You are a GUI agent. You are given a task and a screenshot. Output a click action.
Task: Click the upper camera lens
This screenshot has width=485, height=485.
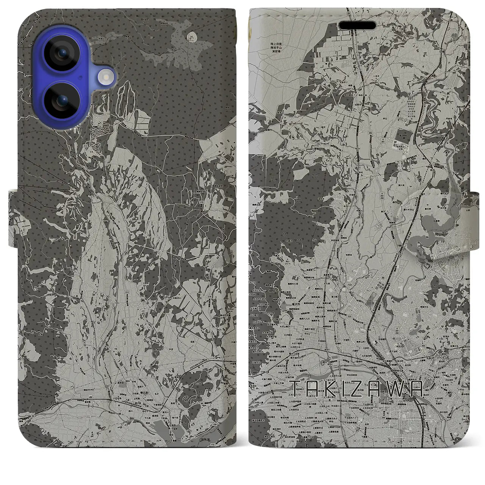[61, 53]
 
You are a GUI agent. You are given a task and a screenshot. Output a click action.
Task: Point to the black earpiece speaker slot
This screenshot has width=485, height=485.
[357, 25]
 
